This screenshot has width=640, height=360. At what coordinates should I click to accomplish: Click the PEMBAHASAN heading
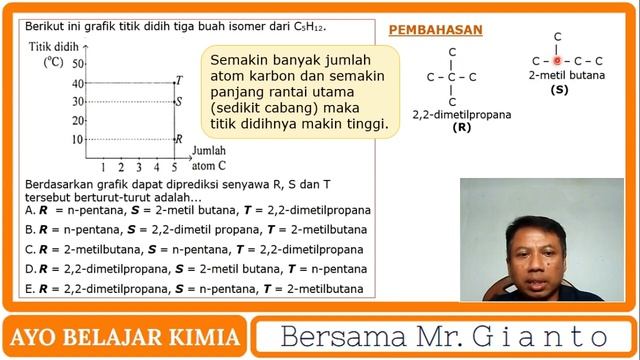pyautogui.click(x=435, y=30)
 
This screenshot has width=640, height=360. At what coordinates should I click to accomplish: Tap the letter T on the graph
pyautogui.click(x=178, y=80)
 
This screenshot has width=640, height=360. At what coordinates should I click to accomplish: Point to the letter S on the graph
pyautogui.click(x=178, y=101)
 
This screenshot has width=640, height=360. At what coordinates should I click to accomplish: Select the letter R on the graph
pyautogui.click(x=178, y=140)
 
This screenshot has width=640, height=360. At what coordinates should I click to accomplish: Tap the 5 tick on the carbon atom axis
pyautogui.click(x=173, y=167)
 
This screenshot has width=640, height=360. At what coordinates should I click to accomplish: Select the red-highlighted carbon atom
pyautogui.click(x=557, y=61)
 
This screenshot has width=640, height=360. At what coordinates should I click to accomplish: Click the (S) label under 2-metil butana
pyautogui.click(x=559, y=89)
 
